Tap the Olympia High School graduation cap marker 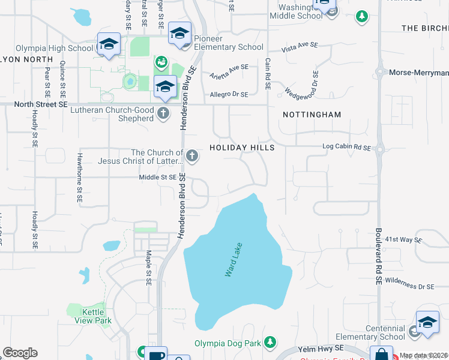(x=109, y=44)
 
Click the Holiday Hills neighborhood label (x=242, y=148)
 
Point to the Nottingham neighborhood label (x=312, y=115)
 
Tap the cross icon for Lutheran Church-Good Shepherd (x=163, y=113)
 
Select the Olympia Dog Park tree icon (x=270, y=343)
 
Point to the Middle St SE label (x=158, y=177)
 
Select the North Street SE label (x=41, y=104)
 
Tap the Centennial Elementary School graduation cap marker (x=427, y=322)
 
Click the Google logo (x=20, y=353)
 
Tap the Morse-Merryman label (x=418, y=73)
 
